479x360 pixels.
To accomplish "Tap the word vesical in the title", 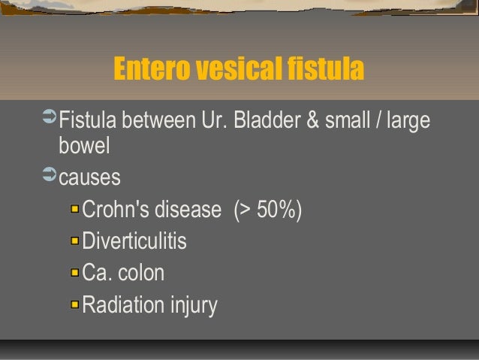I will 242,70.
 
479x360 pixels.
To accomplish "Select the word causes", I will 89,179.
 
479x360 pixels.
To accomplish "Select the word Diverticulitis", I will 134,242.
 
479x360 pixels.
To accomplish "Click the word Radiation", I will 123,305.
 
